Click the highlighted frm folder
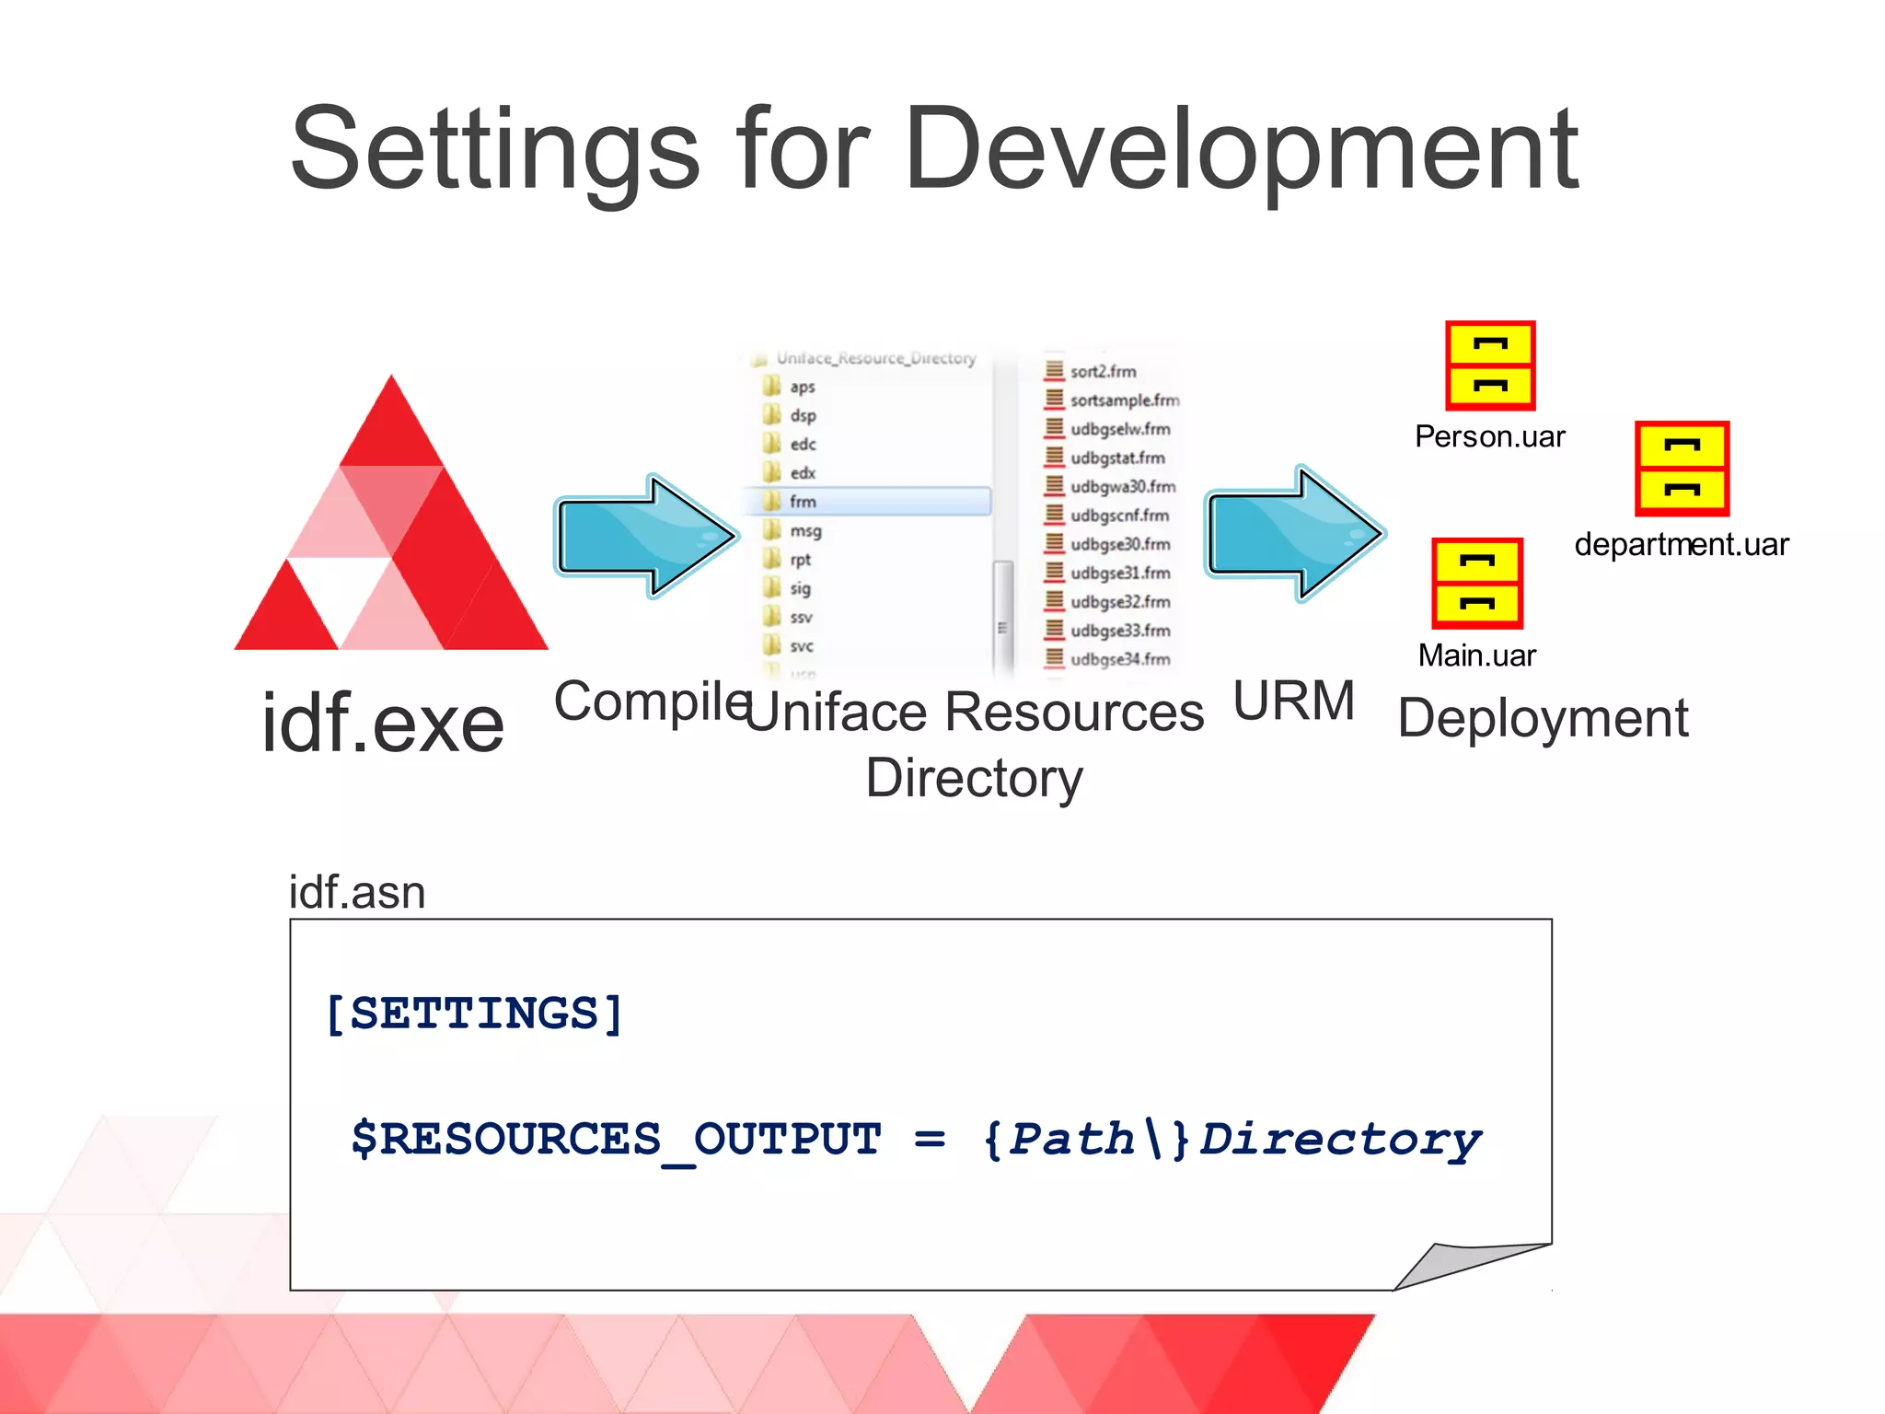802,502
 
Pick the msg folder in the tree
804,531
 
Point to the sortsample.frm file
1123,400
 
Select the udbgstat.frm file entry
1116,458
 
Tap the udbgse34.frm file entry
1119,659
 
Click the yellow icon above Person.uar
1490,365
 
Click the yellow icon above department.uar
1682,469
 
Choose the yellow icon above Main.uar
1477,584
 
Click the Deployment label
1543,719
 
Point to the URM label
1293,701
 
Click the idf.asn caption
357,892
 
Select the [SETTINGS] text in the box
475,1014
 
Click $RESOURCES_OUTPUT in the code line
616,1140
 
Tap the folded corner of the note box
1463,1266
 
